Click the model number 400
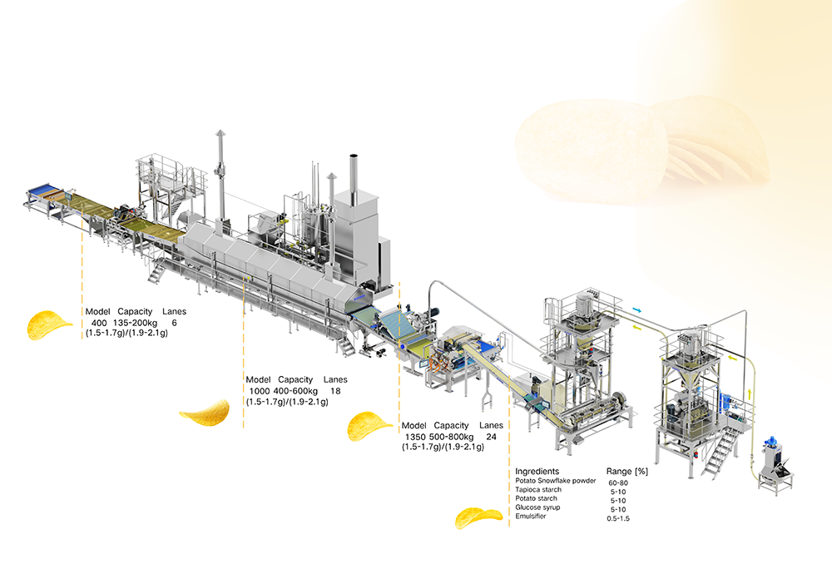pyautogui.click(x=99, y=323)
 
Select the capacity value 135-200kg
pyautogui.click(x=136, y=323)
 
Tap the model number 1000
pyautogui.click(x=260, y=391)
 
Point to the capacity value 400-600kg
pyautogui.click(x=295, y=391)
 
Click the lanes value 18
pyautogui.click(x=335, y=391)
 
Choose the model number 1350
pyautogui.click(x=415, y=437)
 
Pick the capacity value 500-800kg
pyautogui.click(x=452, y=437)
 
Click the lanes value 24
pyautogui.click(x=492, y=437)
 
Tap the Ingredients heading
pyautogui.click(x=537, y=471)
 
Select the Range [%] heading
pyautogui.click(x=627, y=471)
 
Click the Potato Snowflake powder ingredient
pyautogui.click(x=556, y=481)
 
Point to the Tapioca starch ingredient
pyautogui.click(x=538, y=490)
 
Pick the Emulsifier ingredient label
pyautogui.click(x=531, y=516)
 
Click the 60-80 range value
pyautogui.click(x=618, y=482)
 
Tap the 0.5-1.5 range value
pyautogui.click(x=618, y=518)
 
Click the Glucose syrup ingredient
pyautogui.click(x=537, y=507)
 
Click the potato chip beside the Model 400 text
pyautogui.click(x=48, y=324)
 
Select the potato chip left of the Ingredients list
pyautogui.click(x=478, y=518)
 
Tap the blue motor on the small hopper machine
pyautogui.click(x=770, y=443)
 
